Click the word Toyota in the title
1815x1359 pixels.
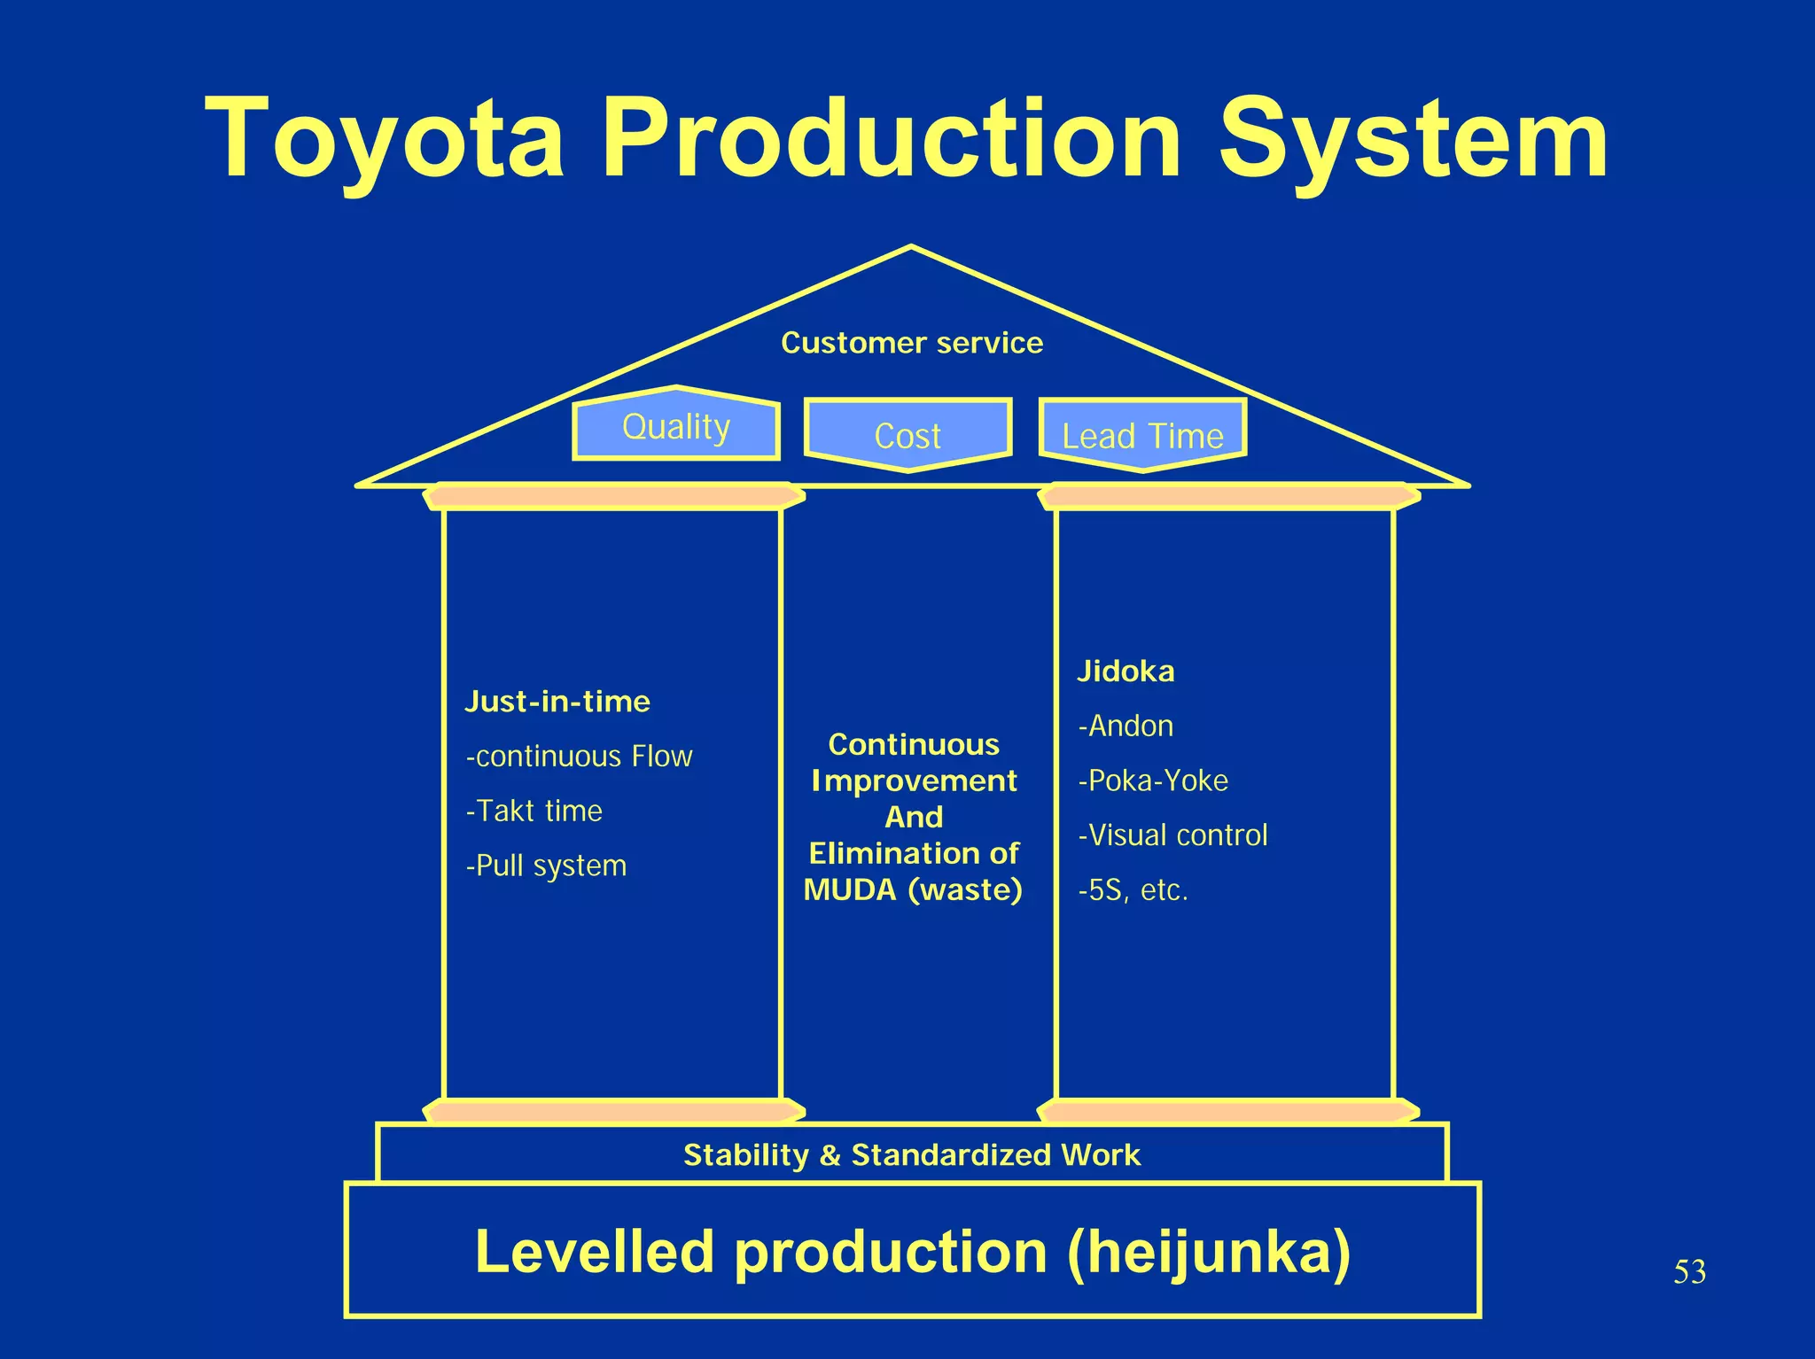385,139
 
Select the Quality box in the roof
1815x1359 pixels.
676,427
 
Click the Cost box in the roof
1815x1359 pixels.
907,435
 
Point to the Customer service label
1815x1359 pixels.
912,343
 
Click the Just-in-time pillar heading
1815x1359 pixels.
557,702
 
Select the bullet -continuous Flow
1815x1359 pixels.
579,757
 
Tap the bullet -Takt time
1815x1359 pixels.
534,812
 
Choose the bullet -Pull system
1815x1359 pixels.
546,866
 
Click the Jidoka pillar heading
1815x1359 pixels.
1126,672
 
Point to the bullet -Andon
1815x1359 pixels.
1126,726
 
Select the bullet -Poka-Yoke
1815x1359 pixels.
1153,780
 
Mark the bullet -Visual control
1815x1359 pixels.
1172,835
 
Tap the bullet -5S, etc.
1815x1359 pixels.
1133,890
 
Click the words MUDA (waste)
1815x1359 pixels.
913,889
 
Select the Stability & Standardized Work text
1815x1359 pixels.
912,1155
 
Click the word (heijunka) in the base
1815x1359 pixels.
1209,1253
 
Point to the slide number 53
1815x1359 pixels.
1689,1272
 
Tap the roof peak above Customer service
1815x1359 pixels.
911,250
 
